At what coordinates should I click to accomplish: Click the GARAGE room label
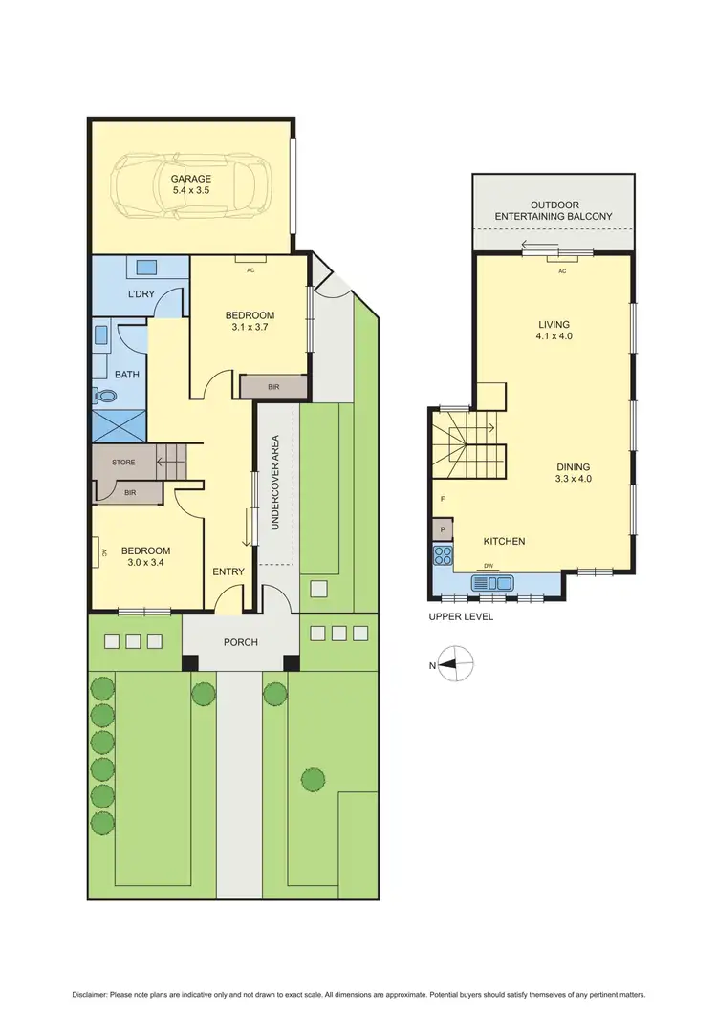191,179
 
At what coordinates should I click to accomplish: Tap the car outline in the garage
191,186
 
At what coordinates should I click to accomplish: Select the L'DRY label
141,293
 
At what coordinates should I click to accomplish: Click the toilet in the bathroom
100,394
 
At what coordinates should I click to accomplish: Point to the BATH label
126,375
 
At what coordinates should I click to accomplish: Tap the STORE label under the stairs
123,463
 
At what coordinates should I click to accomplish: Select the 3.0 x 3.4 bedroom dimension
146,564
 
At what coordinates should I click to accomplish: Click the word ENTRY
228,571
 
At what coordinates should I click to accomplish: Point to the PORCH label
241,642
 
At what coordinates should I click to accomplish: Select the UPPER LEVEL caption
461,617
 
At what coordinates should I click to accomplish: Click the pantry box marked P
443,528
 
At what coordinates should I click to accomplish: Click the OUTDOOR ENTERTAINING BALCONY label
555,211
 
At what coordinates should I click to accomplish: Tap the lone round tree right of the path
312,780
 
